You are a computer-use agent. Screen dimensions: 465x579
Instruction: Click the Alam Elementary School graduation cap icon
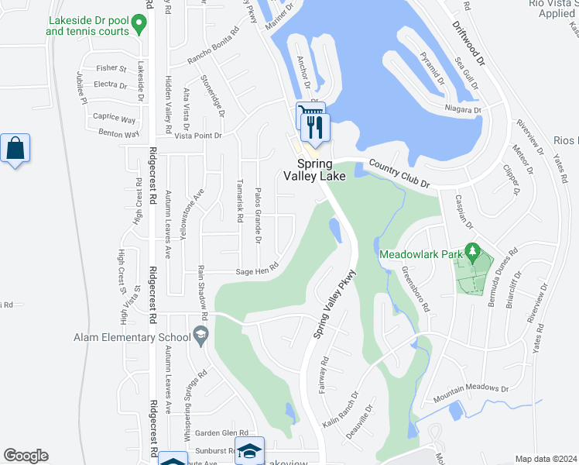point(201,336)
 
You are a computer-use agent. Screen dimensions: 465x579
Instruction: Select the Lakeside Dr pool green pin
point(139,26)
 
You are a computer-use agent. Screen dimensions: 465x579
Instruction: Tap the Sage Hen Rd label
point(257,271)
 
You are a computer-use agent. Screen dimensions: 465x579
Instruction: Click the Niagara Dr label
point(463,110)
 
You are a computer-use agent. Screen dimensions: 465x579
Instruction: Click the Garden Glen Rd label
point(221,433)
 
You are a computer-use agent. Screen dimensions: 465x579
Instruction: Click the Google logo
point(26,456)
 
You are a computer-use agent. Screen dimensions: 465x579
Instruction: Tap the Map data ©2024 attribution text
point(546,459)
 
